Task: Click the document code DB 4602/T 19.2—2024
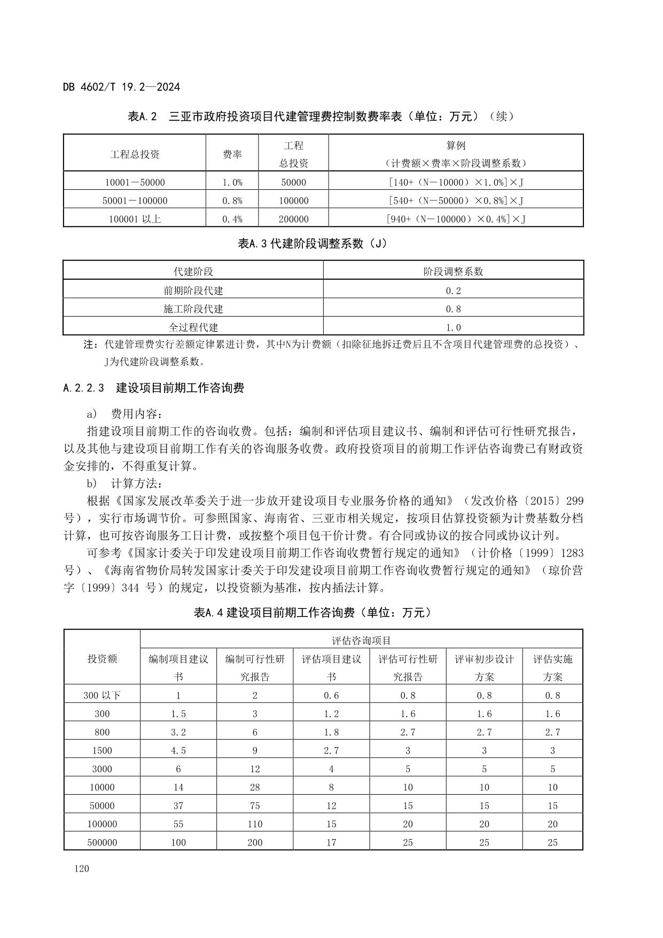click(121, 87)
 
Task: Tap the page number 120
click(82, 868)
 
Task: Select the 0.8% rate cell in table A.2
click(232, 201)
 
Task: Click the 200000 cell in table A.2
click(293, 219)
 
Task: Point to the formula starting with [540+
click(455, 201)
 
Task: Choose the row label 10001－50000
click(135, 182)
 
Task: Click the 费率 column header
click(232, 155)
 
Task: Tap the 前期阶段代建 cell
click(193, 290)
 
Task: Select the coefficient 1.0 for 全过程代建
click(453, 327)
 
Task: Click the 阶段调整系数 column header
click(453, 272)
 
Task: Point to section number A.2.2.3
click(83, 388)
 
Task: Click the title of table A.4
click(313, 613)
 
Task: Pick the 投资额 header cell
click(102, 659)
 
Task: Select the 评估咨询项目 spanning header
click(361, 640)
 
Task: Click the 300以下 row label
click(102, 695)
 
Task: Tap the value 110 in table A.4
click(255, 824)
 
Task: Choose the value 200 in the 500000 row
click(255, 842)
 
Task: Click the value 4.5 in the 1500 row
click(178, 750)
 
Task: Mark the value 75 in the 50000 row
click(255, 805)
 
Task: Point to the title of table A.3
click(313, 244)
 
